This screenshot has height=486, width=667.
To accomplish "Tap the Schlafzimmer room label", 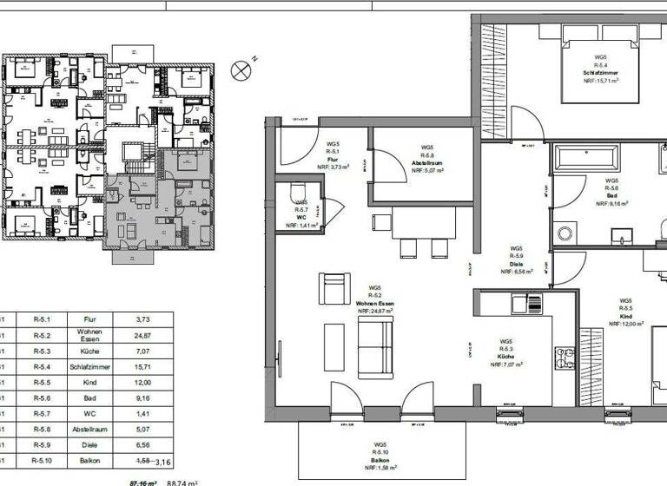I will point(599,71).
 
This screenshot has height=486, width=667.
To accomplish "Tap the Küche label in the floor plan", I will point(506,356).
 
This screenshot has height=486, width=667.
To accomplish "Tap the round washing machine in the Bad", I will point(565,233).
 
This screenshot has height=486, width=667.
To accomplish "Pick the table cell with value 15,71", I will point(144,367).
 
